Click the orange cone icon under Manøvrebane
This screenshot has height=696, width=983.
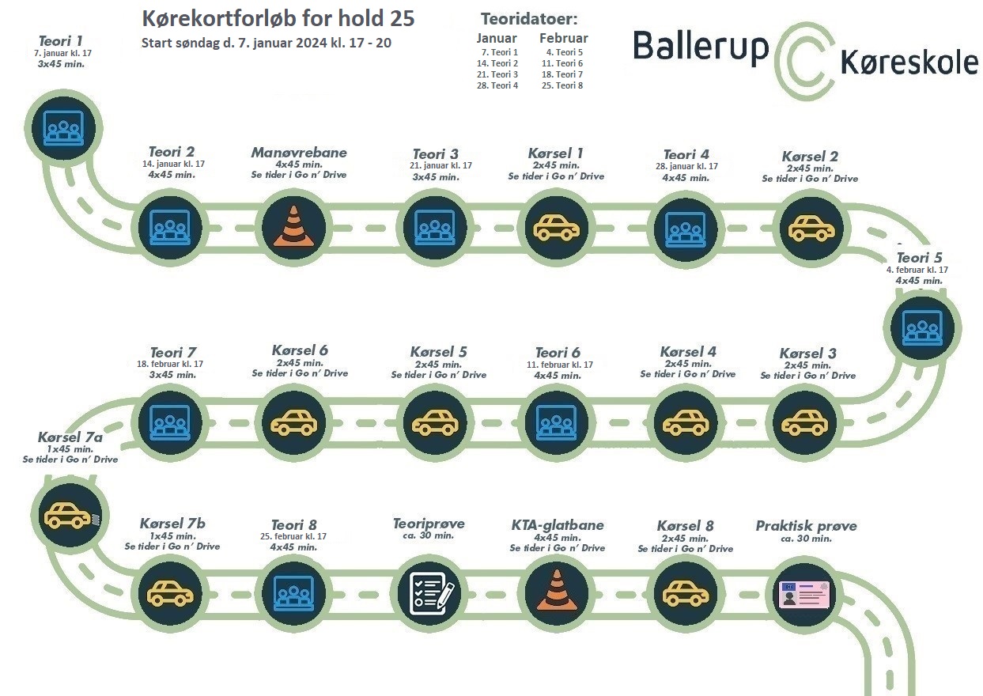tap(293, 226)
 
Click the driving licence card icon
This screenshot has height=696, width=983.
tap(804, 595)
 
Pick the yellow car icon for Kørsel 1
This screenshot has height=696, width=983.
tap(556, 228)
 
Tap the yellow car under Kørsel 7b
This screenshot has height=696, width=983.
tap(170, 593)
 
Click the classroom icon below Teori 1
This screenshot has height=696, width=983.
tap(63, 127)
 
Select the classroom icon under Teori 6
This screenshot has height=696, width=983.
tap(557, 422)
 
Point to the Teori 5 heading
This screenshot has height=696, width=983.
tap(919, 258)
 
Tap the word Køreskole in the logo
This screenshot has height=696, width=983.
tap(909, 63)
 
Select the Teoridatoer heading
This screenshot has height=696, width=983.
tap(529, 19)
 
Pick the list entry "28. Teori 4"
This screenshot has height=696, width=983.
tap(497, 85)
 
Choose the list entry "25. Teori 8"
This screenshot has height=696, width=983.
tap(562, 85)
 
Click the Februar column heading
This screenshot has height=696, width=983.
tap(564, 38)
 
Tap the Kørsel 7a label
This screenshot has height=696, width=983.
tap(70, 437)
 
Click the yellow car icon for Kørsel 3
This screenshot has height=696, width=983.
tap(804, 422)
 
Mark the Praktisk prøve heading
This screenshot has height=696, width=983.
tap(806, 526)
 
